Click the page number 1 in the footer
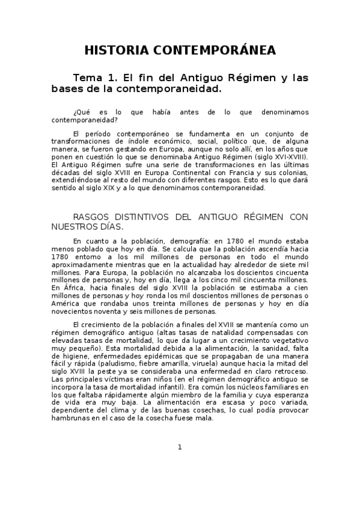180,447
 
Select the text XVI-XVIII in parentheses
288,155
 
